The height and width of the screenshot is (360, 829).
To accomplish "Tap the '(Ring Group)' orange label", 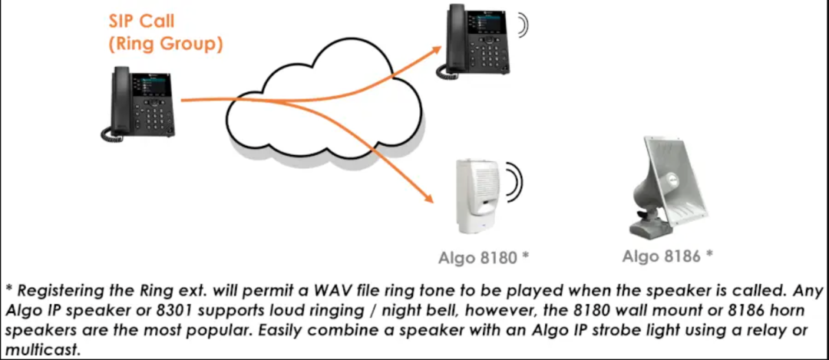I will point(165,44).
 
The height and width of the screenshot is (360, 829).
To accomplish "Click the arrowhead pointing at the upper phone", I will point(435,51).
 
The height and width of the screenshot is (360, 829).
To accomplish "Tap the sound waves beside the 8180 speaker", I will point(514,183).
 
